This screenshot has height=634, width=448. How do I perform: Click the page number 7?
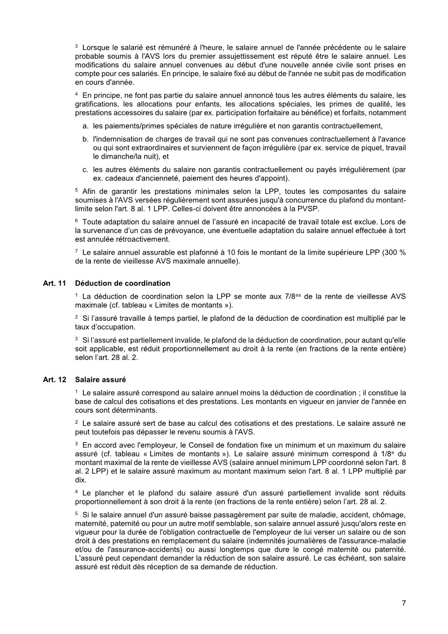coord(404,603)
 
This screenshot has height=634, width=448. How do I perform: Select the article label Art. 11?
coord(54,284)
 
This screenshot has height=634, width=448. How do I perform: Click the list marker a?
coord(85,125)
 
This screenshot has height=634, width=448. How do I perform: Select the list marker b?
coord(85,139)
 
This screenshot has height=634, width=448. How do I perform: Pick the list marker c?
coord(85,170)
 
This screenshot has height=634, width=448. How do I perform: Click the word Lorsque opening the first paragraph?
coord(95,47)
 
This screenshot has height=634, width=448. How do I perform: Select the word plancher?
coord(105,493)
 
